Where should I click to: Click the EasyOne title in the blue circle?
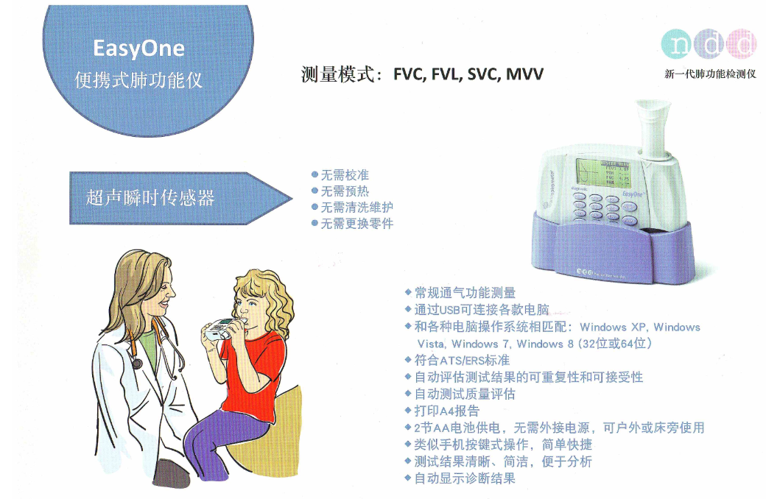[x=138, y=49]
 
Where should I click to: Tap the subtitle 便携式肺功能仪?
[x=138, y=80]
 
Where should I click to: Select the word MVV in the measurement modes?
[x=524, y=74]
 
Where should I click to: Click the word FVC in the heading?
[x=409, y=74]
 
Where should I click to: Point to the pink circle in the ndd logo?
[x=742, y=44]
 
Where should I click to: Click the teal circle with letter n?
[x=677, y=44]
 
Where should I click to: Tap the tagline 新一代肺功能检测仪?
[x=710, y=74]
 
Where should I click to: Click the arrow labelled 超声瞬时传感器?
[x=180, y=198]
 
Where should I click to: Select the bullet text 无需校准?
[x=345, y=174]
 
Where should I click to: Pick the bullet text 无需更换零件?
[x=357, y=223]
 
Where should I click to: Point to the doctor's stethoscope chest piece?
[x=136, y=364]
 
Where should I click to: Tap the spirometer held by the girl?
[x=222, y=328]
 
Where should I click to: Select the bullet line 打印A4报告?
[x=447, y=411]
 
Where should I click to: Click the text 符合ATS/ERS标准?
[x=462, y=361]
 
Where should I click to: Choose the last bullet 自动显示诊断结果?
[x=465, y=478]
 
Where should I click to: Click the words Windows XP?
[x=613, y=327]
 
